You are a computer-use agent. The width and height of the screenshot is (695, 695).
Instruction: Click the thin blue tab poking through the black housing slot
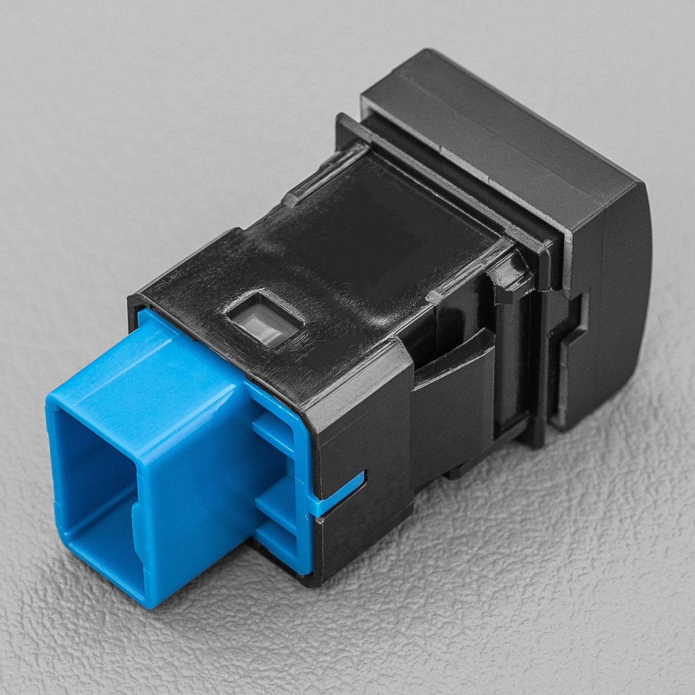[x=342, y=489]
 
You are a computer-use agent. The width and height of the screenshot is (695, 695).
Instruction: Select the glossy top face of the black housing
[x=371, y=232]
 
